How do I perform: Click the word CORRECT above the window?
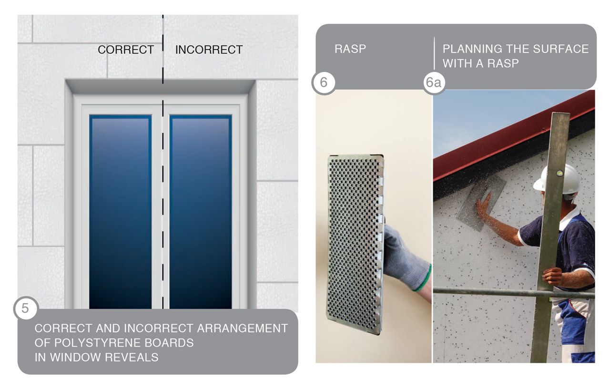(126, 50)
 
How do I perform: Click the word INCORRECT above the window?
(209, 50)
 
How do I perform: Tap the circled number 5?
(25, 308)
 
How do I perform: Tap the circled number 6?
(324, 82)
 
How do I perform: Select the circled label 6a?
(434, 82)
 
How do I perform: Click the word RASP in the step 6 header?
(350, 49)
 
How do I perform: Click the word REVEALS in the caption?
(132, 357)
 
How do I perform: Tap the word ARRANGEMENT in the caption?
(243, 328)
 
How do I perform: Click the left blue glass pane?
(121, 212)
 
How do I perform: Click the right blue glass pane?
(201, 212)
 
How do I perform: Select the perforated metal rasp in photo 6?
(356, 244)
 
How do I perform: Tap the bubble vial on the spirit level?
(560, 173)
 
